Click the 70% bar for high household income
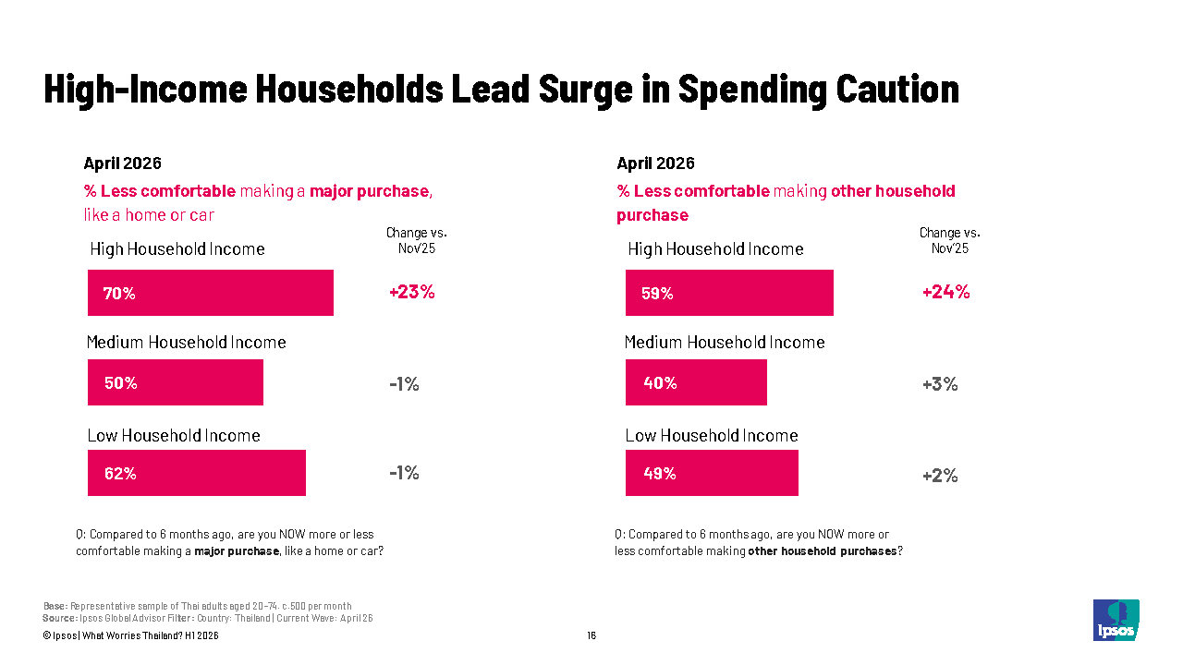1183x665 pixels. [210, 293]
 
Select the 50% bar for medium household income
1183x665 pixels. [176, 382]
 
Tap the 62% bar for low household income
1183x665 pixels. [197, 473]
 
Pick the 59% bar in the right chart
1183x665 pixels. [729, 293]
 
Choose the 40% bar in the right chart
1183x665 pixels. [696, 382]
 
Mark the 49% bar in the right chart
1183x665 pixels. [712, 473]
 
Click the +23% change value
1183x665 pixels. [412, 292]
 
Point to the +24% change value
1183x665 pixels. [945, 292]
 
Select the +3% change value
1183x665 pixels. [940, 384]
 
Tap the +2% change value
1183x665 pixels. [940, 476]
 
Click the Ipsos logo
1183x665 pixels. [1116, 620]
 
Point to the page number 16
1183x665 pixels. [591, 635]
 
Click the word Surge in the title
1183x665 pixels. [585, 90]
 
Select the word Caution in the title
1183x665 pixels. [897, 89]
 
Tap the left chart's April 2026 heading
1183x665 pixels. [123, 163]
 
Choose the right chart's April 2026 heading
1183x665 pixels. [655, 163]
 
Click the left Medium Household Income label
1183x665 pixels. [187, 343]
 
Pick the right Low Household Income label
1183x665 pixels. [712, 435]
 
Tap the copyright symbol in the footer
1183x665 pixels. [46, 636]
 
